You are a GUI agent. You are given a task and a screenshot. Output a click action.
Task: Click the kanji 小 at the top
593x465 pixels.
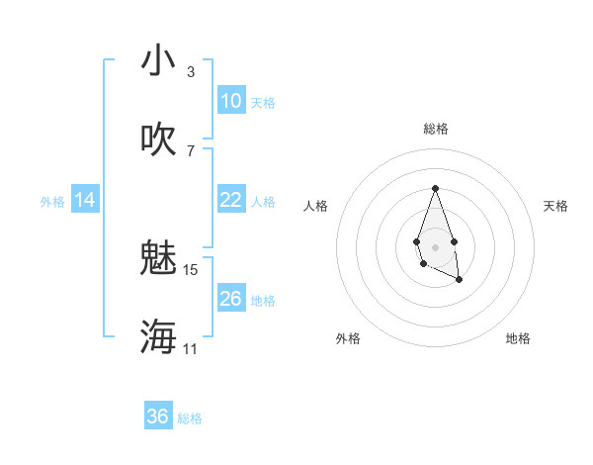158,61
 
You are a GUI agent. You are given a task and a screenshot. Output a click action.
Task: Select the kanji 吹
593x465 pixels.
158,139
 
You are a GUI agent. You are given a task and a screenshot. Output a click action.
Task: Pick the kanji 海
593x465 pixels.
158,336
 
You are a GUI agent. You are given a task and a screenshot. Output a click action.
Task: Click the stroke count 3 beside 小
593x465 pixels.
190,72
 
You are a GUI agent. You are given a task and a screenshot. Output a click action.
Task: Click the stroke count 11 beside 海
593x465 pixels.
190,348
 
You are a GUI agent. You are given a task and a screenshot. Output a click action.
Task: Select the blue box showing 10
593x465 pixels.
230,101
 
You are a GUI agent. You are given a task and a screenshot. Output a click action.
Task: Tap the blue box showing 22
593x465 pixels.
230,200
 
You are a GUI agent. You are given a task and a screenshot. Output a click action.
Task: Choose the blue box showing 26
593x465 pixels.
230,299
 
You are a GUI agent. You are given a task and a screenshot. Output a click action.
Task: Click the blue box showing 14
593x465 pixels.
85,200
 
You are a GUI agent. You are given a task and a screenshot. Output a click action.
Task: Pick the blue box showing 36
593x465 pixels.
158,417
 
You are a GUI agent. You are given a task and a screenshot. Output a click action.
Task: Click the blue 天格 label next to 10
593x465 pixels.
263,103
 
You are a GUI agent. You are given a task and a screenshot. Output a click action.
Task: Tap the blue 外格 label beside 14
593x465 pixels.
52,202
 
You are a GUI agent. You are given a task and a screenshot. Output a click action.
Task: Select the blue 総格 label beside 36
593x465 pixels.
190,418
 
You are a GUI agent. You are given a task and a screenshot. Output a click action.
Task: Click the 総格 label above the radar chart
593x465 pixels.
435,129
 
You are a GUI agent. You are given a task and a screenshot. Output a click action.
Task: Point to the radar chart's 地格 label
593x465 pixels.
518,338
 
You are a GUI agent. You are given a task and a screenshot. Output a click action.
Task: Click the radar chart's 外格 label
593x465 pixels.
348,338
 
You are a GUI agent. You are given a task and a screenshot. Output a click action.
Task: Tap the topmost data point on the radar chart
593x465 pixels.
435,188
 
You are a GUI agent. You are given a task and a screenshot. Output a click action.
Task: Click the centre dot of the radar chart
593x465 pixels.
435,245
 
